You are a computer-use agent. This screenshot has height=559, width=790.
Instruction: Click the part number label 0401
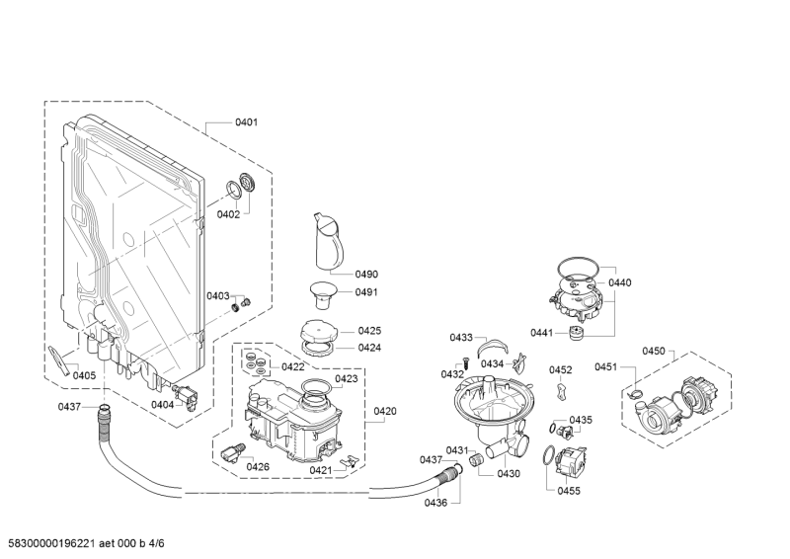point(246,122)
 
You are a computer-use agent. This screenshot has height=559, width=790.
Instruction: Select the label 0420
point(385,411)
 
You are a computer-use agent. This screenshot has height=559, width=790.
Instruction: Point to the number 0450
point(654,351)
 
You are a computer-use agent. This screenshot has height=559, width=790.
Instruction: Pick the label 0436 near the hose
point(435,503)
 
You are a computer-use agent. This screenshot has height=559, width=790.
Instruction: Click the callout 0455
point(568,491)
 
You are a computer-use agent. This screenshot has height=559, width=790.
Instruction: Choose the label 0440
point(619,282)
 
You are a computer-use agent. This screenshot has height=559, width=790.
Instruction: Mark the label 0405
point(84,375)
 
